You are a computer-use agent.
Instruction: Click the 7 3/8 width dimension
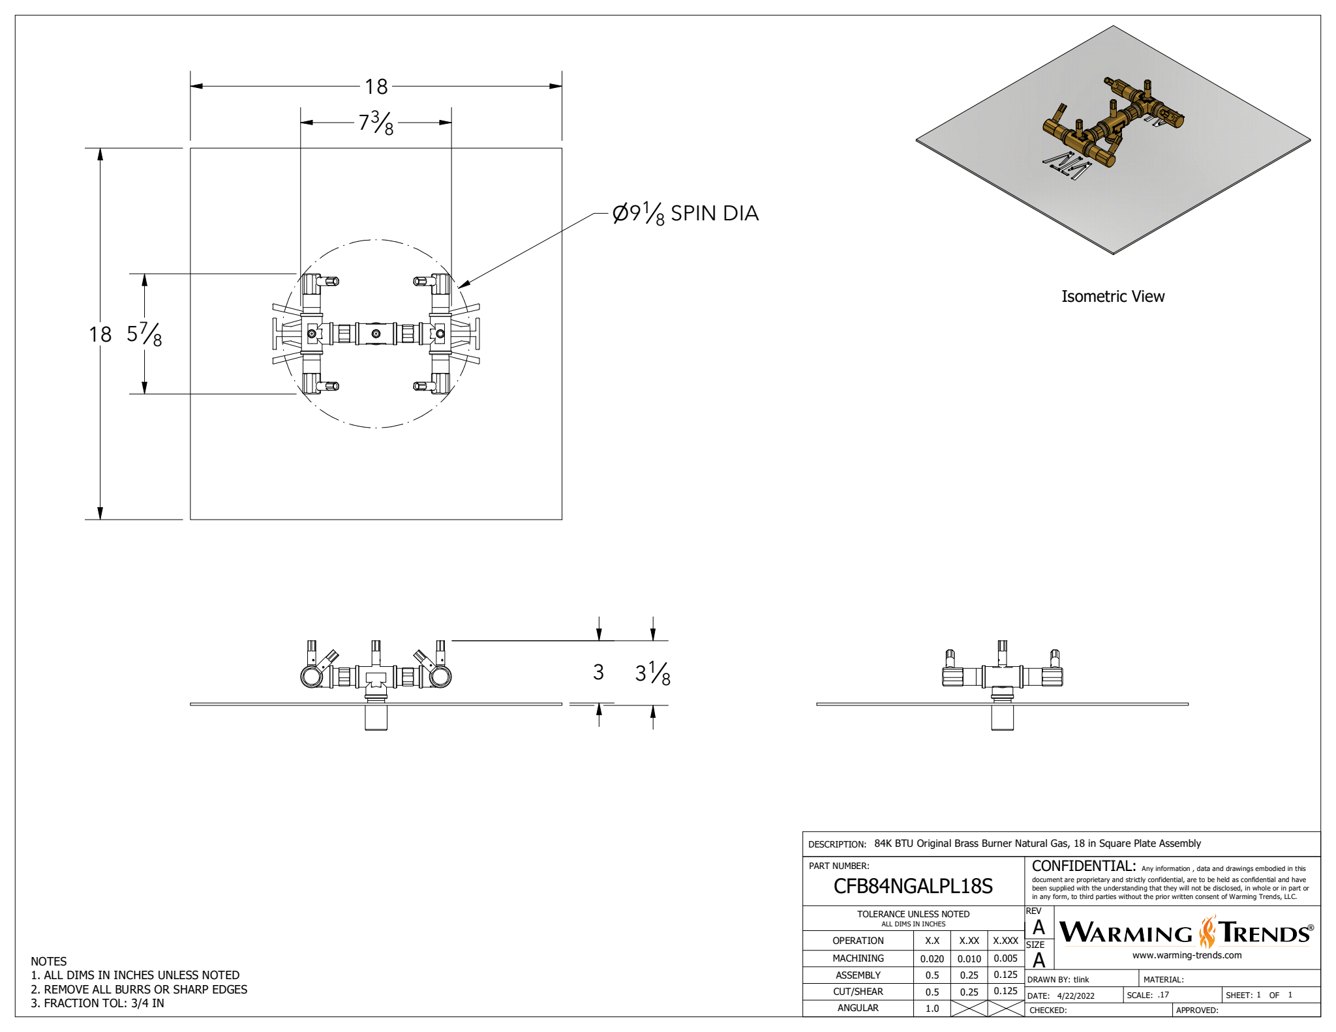(376, 122)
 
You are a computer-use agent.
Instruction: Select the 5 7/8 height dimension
(144, 334)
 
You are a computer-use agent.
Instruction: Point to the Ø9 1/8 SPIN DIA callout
(685, 213)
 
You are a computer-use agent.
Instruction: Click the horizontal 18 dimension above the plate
(376, 86)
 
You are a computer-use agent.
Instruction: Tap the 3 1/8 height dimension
(652, 673)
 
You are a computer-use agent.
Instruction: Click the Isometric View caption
(1112, 297)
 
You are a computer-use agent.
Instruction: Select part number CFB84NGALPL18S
(913, 886)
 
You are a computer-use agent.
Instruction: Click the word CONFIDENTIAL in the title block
(1084, 866)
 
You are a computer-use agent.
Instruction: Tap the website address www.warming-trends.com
(1187, 955)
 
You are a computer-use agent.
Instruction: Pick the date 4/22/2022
(1076, 995)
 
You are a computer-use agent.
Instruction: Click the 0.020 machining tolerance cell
(932, 958)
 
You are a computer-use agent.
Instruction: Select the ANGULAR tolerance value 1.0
(932, 1008)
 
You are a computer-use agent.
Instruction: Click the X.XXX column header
(1005, 941)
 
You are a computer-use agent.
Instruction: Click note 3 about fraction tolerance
(98, 1003)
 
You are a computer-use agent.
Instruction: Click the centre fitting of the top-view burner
(376, 334)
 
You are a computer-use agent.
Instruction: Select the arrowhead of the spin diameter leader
(462, 285)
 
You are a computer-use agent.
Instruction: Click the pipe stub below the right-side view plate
(1002, 717)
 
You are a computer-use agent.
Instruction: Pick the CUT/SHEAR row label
(858, 992)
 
